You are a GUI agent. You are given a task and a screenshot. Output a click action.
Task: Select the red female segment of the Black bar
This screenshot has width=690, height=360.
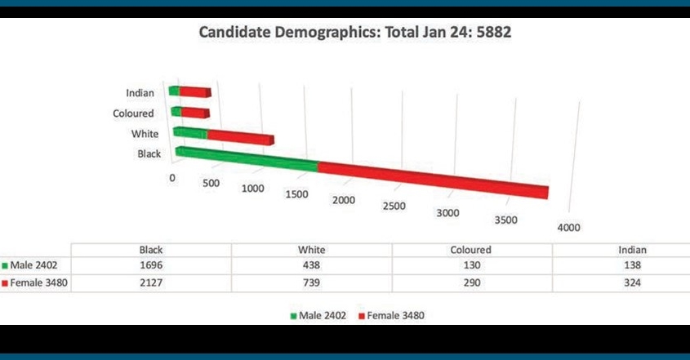[433, 179]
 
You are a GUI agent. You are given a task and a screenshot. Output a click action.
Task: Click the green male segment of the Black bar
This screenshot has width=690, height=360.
[245, 158]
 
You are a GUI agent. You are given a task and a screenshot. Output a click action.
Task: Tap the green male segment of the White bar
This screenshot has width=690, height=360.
[190, 132]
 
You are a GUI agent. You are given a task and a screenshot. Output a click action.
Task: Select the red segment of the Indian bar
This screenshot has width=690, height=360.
[196, 92]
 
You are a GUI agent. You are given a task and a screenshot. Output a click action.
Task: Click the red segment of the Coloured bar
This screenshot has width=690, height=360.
[195, 112]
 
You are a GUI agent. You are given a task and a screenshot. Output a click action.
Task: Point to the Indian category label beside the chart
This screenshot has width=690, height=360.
[140, 93]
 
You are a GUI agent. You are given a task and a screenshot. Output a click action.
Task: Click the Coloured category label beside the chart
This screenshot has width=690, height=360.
[133, 113]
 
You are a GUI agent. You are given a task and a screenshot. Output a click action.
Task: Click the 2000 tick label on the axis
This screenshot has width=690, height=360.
[344, 200]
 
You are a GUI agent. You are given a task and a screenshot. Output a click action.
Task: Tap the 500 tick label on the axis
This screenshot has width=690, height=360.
[211, 183]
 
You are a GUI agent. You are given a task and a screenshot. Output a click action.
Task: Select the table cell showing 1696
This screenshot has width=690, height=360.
[152, 265]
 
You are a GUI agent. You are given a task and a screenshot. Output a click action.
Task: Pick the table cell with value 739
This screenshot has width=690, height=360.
[311, 282]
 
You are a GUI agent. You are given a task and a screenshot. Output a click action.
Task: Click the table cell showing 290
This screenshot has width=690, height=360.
[471, 282]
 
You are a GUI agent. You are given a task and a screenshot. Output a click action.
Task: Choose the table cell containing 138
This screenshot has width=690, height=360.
[621, 265]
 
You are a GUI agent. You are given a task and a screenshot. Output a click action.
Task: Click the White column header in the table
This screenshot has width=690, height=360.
[311, 250]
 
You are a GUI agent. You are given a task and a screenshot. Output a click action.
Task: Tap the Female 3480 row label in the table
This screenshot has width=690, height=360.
[37, 282]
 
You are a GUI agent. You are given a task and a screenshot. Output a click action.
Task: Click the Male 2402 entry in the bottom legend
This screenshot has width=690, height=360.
[315, 314]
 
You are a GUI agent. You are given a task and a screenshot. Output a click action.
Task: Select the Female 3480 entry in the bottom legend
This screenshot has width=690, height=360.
[395, 314]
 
